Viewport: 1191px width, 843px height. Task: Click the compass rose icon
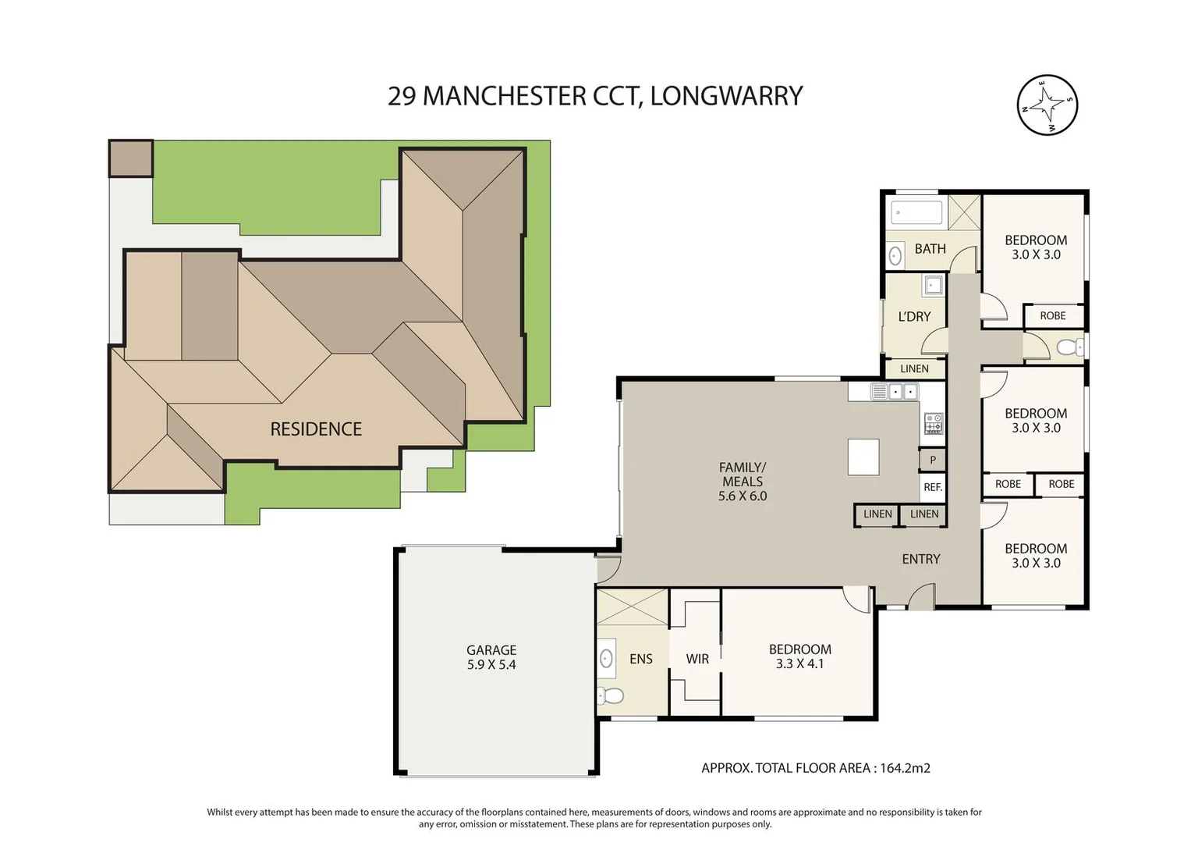1047,105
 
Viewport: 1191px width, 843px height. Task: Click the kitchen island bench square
863,457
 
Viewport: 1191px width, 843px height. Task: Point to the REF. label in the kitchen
933,487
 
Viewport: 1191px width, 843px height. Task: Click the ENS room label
640,659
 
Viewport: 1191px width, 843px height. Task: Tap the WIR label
697,659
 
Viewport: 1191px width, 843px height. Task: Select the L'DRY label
914,317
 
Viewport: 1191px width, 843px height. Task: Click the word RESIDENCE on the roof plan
316,429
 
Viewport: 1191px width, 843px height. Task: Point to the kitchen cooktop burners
934,424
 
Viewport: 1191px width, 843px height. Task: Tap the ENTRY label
921,559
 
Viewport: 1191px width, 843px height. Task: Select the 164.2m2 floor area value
905,768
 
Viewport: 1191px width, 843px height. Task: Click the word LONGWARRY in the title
726,96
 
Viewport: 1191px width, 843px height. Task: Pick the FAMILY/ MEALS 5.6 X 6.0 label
743,482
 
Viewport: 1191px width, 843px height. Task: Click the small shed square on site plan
131,158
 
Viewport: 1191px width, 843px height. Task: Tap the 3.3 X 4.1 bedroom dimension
799,663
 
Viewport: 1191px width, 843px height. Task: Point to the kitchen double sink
895,392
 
